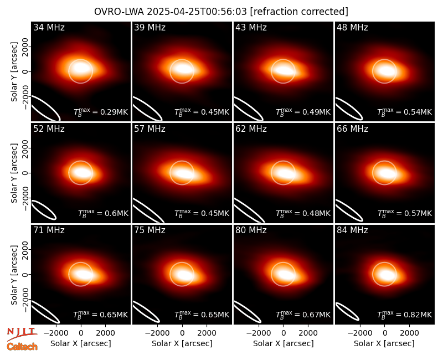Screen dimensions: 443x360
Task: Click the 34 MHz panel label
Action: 49,27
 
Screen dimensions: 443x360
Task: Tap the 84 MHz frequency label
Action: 352,230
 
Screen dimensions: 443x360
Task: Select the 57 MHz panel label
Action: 150,129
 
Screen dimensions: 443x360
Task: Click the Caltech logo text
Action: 22,347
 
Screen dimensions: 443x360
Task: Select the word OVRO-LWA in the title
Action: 119,12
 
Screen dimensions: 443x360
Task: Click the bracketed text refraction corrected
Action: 299,12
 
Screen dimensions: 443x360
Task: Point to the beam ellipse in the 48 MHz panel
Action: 349,109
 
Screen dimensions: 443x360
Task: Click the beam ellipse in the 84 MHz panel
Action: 347,311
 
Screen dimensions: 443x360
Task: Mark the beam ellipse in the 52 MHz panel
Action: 44,210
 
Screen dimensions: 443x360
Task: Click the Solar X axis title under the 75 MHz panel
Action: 182,343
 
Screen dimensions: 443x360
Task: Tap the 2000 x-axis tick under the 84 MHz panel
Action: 410,333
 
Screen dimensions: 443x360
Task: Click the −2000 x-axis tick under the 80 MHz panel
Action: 259,333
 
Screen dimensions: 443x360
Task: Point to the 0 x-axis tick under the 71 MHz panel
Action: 81,333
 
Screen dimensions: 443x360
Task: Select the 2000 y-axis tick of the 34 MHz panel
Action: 25,47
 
